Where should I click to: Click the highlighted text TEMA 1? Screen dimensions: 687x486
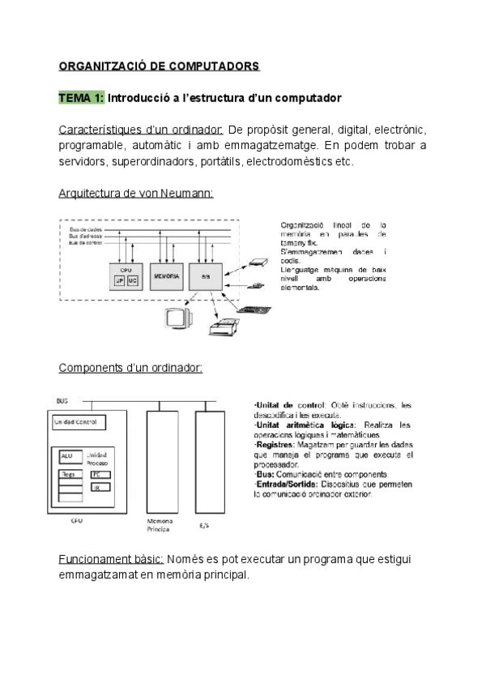point(82,98)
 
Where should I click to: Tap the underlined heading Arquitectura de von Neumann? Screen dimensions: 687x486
point(136,193)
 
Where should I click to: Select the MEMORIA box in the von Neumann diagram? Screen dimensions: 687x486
point(166,276)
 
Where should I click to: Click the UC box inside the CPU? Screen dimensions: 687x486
point(134,281)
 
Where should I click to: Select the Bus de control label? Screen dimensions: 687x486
point(85,242)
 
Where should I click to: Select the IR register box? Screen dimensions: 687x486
point(99,488)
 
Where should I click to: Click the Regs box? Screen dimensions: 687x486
point(67,474)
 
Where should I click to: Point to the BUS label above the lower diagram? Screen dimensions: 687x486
point(62,400)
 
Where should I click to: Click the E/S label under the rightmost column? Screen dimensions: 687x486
point(204,525)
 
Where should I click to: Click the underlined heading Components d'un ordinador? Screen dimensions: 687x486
point(130,368)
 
